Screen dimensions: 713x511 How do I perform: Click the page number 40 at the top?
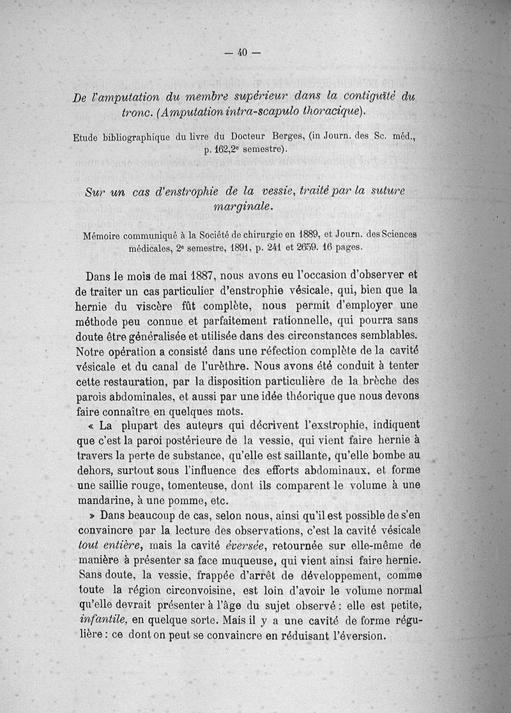pos(242,52)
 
